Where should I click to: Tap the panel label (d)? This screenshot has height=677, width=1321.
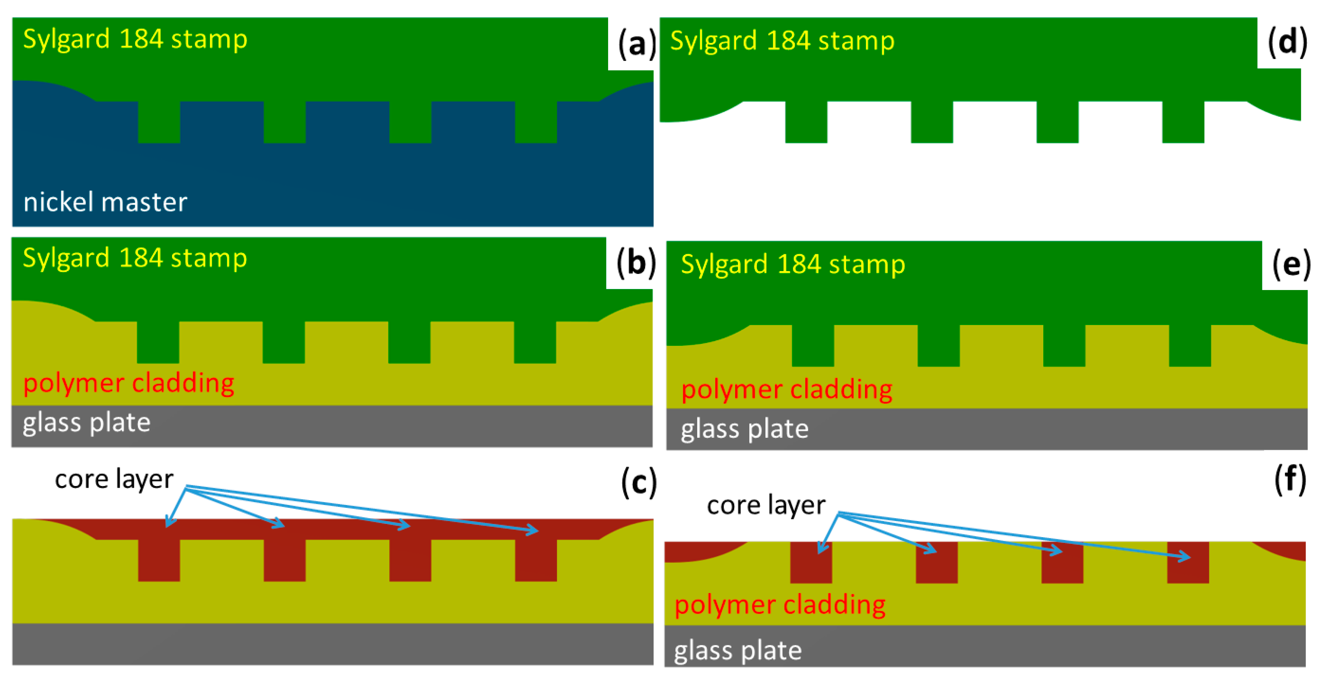coord(1287,42)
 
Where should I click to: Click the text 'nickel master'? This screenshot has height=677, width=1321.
coord(105,202)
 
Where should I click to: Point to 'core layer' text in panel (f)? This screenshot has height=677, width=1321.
coord(766,505)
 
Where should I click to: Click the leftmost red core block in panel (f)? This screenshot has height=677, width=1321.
coord(811,563)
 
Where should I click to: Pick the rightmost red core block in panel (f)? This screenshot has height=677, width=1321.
coord(1188,563)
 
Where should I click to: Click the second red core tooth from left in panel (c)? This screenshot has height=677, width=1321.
coord(285,560)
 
